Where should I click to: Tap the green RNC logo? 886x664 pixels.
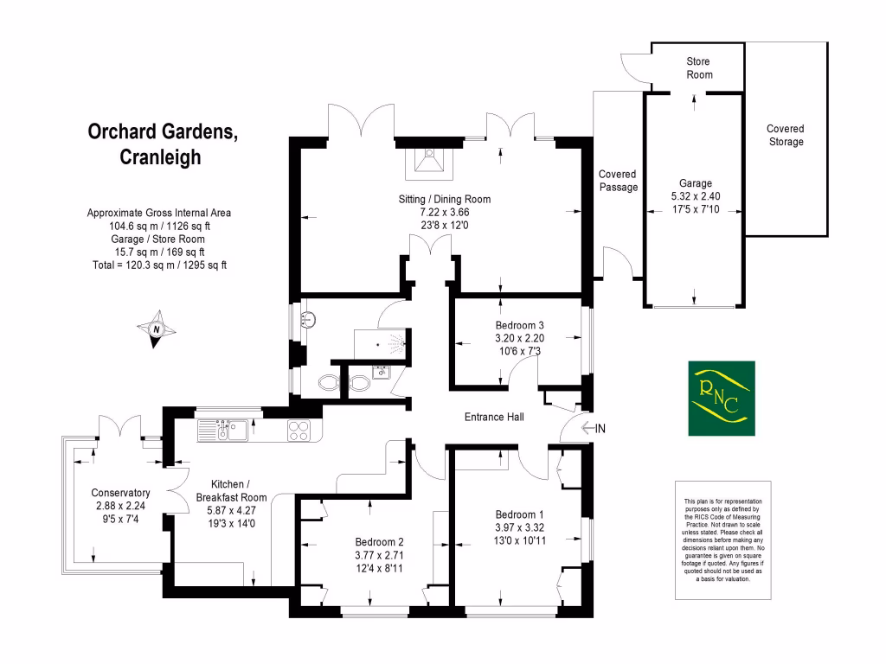tap(722, 399)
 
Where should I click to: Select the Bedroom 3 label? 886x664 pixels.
tap(520, 325)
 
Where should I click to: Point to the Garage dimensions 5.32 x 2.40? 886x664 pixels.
tap(695, 195)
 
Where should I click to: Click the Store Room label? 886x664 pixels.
tap(699, 68)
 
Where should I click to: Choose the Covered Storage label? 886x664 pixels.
tap(785, 136)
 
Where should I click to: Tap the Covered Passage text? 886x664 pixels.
tap(618, 181)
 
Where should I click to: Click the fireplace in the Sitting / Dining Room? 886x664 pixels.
tap(428, 161)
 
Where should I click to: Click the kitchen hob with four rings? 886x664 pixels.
tap(299, 430)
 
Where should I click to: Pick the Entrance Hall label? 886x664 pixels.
tap(494, 417)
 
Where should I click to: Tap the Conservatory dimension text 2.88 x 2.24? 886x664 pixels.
tap(121, 506)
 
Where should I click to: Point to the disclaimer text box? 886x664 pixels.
tap(722, 539)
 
